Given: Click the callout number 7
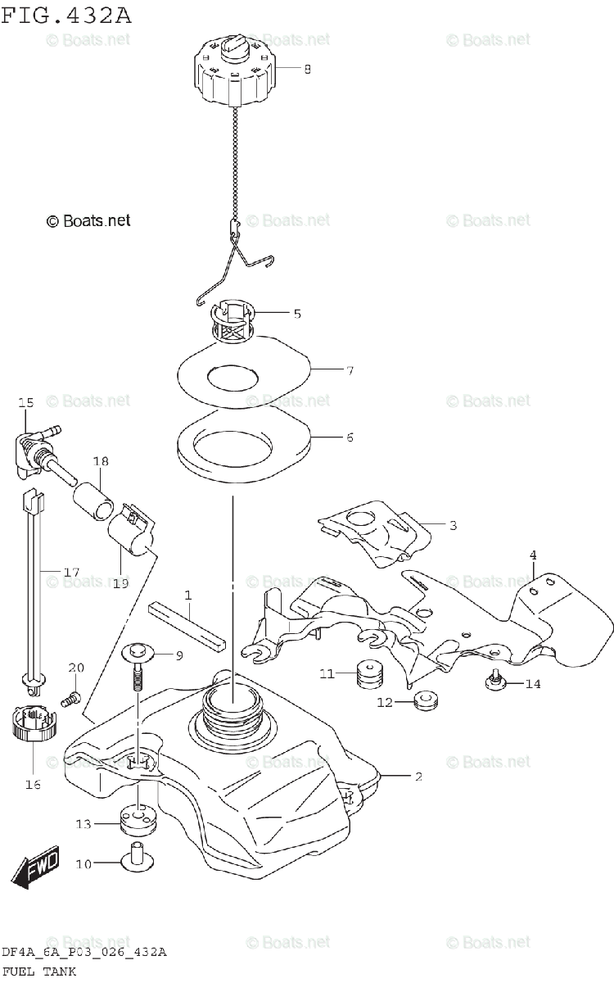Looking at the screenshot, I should (x=349, y=370).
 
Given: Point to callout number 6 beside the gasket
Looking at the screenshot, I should (x=349, y=437).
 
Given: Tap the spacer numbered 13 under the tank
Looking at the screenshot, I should (x=138, y=820).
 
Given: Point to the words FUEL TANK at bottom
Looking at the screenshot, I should (x=38, y=972).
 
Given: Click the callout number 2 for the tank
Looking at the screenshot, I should (x=418, y=776).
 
